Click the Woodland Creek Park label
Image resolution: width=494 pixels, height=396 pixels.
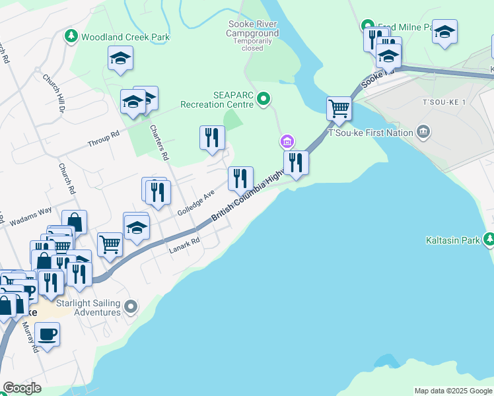[x=125, y=37]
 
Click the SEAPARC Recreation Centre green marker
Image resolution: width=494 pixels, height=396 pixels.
[x=264, y=100]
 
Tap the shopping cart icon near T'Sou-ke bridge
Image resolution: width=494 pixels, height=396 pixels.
[x=339, y=108]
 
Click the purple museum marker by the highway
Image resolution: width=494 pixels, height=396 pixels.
[x=287, y=141]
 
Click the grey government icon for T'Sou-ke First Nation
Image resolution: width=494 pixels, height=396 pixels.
[x=423, y=132]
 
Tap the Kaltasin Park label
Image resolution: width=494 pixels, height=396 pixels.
[x=453, y=240]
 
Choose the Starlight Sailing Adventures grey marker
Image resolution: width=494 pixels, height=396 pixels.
[x=131, y=306]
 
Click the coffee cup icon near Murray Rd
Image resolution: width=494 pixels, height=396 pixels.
[x=47, y=334]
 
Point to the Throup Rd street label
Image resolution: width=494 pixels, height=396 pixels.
[x=103, y=138]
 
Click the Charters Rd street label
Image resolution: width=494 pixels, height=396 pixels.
[x=159, y=143]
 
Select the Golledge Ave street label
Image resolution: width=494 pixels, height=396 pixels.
[x=196, y=203]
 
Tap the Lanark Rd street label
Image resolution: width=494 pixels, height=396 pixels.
[x=184, y=245]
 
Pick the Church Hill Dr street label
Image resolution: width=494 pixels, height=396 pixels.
[x=52, y=92]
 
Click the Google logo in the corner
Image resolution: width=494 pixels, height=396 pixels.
[x=22, y=388]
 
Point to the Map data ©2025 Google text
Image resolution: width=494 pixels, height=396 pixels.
[x=452, y=391]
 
